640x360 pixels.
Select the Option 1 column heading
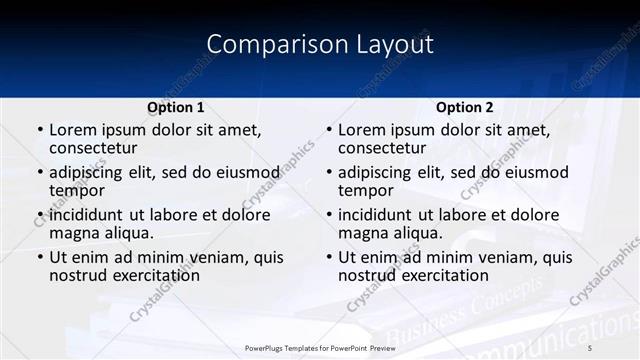(176, 107)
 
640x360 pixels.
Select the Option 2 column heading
(465, 107)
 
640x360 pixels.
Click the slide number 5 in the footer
(590, 348)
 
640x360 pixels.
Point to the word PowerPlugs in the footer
(267, 348)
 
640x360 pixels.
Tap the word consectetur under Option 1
(92, 148)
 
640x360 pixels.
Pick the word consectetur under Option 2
(382, 148)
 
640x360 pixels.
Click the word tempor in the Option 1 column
(77, 191)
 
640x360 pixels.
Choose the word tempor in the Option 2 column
(366, 191)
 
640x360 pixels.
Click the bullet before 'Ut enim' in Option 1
(40, 257)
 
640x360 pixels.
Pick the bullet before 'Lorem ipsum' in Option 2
(329, 130)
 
